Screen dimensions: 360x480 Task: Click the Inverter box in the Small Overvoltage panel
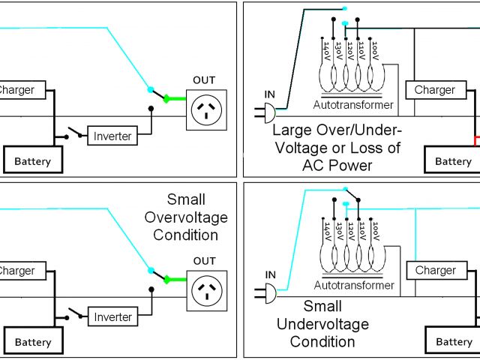click(112, 316)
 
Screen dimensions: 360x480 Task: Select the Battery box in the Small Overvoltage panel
click(33, 342)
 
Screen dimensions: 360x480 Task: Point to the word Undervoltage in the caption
click(322, 324)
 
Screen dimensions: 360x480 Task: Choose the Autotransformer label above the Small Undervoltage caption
click(354, 286)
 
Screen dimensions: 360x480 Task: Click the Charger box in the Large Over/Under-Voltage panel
click(435, 90)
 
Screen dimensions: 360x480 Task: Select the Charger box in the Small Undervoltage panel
click(436, 270)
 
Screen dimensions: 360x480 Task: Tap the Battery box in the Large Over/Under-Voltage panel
click(453, 161)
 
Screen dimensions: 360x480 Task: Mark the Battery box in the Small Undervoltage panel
click(454, 342)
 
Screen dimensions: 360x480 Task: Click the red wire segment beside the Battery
click(474, 140)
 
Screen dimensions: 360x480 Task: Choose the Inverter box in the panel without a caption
click(112, 136)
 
